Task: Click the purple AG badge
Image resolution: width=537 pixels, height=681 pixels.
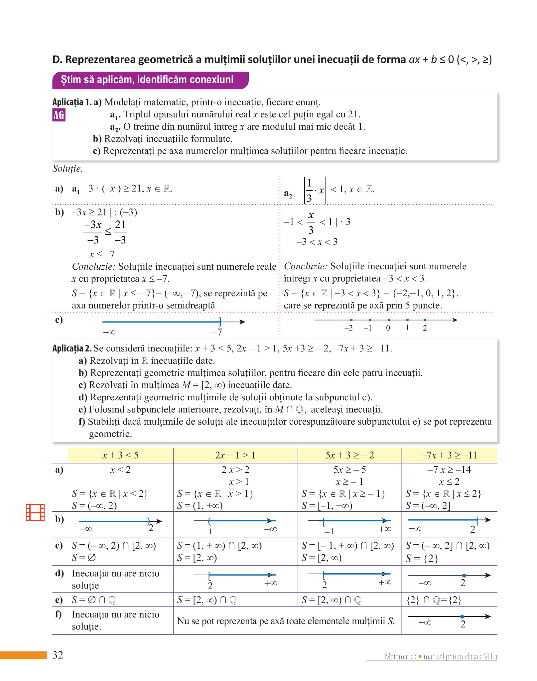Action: point(59,115)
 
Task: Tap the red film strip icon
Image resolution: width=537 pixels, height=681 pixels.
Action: point(35,512)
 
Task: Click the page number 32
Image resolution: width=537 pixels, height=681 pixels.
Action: point(58,655)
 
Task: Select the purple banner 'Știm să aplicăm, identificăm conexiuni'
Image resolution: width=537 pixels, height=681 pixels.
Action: point(150,80)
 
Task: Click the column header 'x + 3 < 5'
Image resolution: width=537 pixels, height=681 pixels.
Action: point(120,455)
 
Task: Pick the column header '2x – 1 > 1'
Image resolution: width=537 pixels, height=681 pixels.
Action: point(235,455)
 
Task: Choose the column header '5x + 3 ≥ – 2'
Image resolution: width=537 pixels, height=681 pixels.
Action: point(349,455)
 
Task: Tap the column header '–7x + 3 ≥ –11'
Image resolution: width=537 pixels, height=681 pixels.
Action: point(449,455)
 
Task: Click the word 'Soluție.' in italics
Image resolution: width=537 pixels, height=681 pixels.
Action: point(67,169)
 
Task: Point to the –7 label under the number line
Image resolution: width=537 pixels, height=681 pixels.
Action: point(217,332)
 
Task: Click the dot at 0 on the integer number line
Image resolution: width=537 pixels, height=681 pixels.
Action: point(389,320)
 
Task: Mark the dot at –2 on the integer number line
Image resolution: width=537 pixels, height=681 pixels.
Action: point(351,320)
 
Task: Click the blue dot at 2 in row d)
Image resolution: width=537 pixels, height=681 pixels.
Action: point(464,575)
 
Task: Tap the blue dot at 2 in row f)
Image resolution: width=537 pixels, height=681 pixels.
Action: point(462,617)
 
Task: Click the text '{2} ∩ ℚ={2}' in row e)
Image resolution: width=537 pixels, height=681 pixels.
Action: point(434,600)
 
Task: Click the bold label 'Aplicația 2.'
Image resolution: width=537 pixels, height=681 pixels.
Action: point(72,348)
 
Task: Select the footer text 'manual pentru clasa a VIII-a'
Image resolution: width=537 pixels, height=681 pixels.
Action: point(460,656)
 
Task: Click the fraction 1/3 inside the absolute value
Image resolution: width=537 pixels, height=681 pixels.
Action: point(309,191)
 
